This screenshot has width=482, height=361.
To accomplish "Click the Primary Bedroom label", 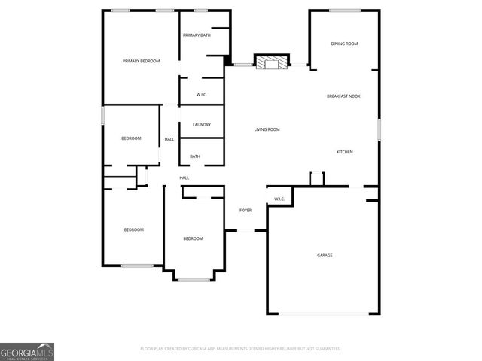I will (142, 61).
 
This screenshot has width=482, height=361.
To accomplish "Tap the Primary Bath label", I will (196, 35).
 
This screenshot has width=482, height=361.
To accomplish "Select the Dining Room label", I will (344, 44).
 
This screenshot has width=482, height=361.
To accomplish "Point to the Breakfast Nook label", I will (343, 96).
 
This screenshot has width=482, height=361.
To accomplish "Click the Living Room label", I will (267, 129).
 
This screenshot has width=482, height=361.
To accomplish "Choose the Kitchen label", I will (344, 152).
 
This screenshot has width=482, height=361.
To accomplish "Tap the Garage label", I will (325, 256).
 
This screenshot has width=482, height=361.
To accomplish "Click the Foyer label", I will (246, 211).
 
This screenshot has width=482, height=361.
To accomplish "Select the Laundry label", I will (201, 125).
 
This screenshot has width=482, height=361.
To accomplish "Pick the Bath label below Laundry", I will (195, 156).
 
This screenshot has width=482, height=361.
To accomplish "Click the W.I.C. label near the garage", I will (279, 199).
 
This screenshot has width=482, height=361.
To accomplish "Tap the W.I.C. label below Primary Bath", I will (202, 94).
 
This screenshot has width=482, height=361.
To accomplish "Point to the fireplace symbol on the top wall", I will (271, 63).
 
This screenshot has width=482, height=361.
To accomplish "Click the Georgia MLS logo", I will (27, 351).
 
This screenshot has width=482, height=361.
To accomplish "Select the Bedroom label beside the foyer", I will (194, 238).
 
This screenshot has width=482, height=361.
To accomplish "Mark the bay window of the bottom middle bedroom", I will (194, 280).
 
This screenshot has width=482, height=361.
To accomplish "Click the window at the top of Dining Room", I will (344, 11).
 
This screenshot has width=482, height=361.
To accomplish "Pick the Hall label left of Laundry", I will (169, 139).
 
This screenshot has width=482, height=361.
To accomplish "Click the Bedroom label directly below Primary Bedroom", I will (131, 138).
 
